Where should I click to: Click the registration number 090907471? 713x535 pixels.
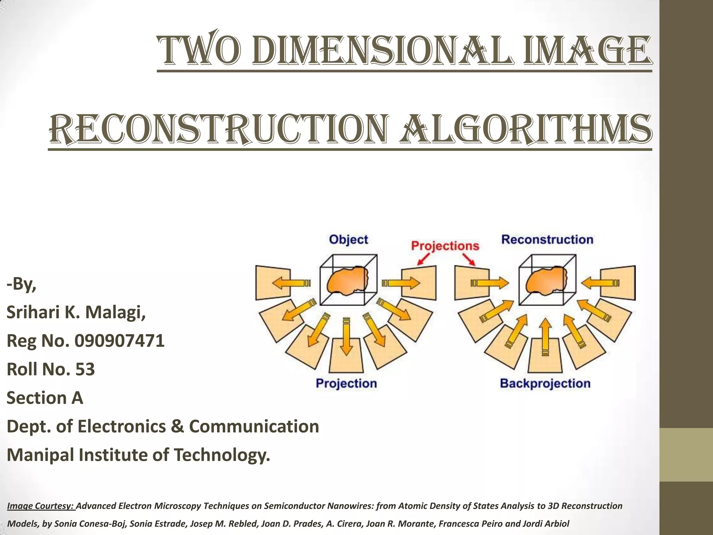point(119,341)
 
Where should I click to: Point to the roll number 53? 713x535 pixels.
point(85,369)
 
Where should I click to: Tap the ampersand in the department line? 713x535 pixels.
point(177,426)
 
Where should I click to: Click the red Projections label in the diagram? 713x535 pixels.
point(445,246)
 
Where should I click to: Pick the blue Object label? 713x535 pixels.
point(348,240)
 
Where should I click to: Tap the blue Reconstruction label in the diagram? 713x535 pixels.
point(547,240)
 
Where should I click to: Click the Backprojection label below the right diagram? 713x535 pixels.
point(545,383)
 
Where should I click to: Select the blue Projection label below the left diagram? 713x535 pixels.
point(346,383)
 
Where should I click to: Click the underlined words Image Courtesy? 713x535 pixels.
point(41,506)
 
